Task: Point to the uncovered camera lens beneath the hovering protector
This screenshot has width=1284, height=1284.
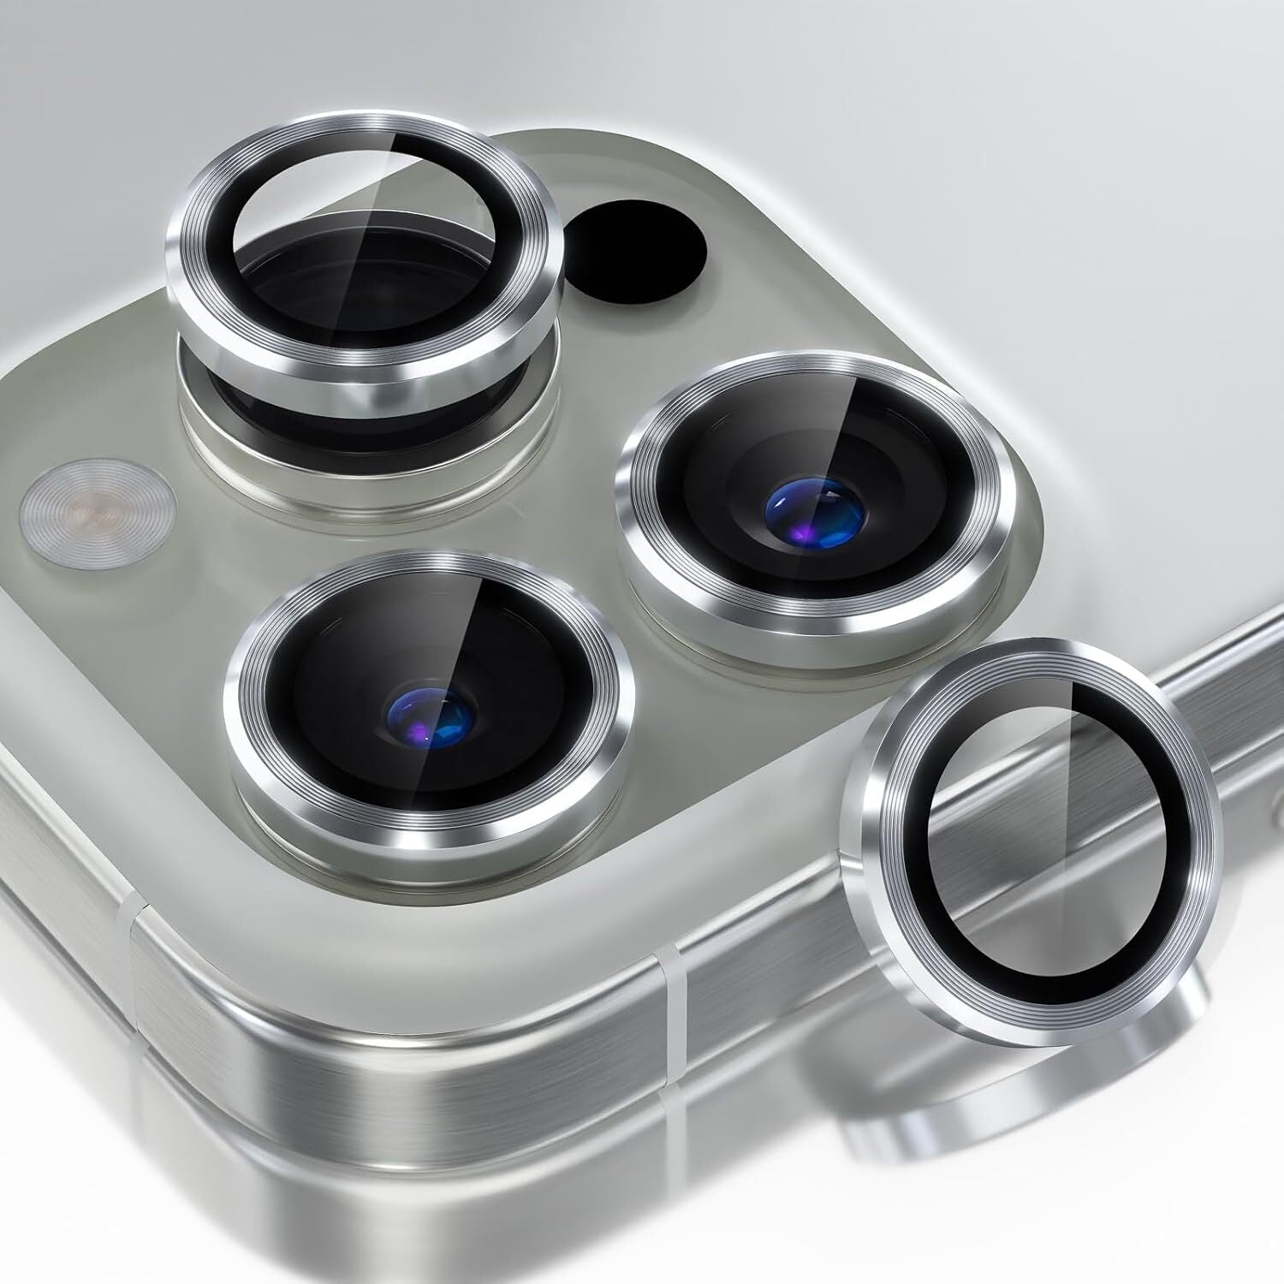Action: tap(282, 402)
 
